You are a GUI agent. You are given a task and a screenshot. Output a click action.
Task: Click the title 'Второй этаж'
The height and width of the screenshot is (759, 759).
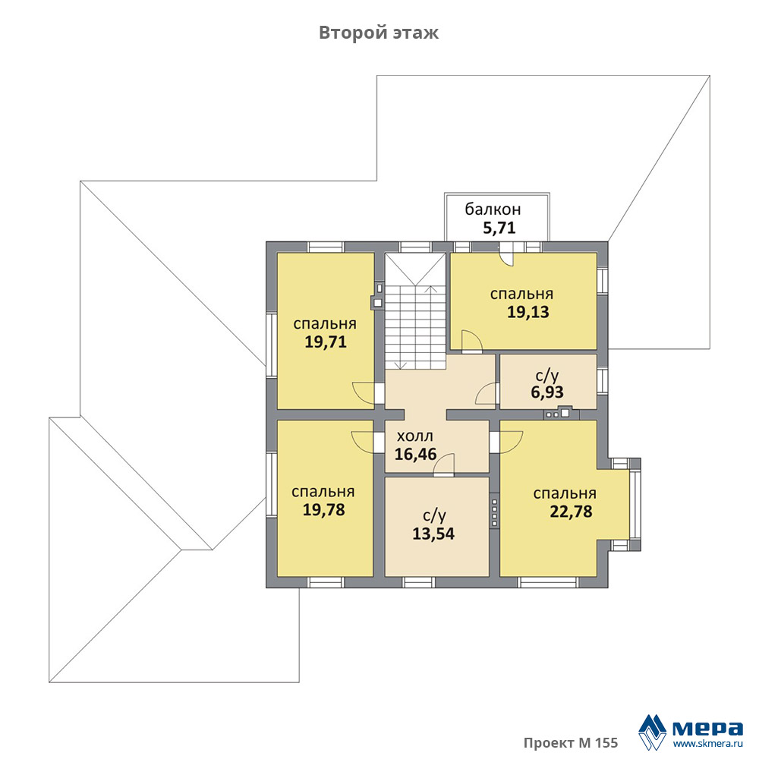coord(379,33)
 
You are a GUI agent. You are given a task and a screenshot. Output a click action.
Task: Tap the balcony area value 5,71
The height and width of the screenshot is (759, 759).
coord(499,228)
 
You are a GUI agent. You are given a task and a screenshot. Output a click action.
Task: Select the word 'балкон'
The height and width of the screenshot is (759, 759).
coord(493,209)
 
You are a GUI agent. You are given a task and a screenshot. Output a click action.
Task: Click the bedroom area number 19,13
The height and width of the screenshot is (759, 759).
coord(528,312)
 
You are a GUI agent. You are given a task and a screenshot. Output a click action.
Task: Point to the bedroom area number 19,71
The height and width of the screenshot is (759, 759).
coord(326,342)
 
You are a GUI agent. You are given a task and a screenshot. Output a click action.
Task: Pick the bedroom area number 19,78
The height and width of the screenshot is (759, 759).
coord(324,510)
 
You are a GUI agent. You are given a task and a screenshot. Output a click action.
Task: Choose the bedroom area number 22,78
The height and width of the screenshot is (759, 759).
coord(572,511)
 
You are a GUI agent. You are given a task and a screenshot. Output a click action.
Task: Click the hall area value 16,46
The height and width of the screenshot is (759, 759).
coord(415,454)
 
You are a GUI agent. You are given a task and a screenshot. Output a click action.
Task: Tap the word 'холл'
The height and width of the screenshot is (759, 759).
coord(415,436)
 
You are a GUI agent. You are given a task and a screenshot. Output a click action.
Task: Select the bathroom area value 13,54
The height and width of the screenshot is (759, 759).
coord(433,534)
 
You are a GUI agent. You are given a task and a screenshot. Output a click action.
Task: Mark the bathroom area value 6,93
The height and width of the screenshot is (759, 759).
coord(547,392)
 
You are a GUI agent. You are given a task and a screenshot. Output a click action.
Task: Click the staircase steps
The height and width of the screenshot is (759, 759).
coord(415,327)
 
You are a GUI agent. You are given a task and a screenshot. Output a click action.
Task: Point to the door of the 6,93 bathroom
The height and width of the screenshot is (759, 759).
coord(486,393)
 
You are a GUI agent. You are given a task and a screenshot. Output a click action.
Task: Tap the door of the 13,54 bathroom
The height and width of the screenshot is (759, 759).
coord(444,465)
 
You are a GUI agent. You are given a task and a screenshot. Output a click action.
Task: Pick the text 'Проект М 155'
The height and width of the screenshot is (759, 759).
coord(571,742)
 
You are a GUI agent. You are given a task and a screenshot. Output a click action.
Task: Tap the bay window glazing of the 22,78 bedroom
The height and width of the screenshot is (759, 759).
coord(633,505)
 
